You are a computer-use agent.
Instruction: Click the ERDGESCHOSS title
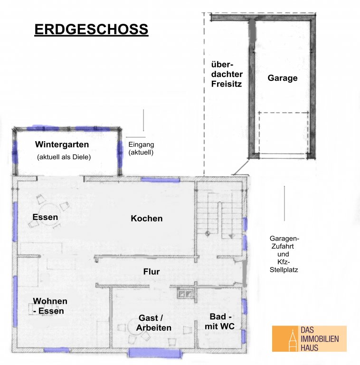click(91, 29)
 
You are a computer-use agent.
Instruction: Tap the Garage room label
click(282, 78)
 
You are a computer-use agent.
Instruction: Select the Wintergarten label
click(62, 144)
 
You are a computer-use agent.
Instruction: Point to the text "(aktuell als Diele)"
click(64, 157)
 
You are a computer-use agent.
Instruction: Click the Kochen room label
click(146, 218)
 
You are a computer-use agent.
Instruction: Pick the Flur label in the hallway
click(152, 271)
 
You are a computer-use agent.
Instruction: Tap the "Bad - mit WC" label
click(219, 321)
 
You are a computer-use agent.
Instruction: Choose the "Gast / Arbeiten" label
click(154, 323)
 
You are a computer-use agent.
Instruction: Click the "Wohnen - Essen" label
click(50, 306)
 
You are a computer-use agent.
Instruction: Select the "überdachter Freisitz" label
click(227, 74)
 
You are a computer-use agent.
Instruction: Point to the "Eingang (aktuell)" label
click(141, 148)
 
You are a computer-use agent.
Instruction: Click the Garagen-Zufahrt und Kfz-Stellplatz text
click(284, 254)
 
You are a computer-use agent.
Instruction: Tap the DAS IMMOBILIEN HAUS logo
click(309, 338)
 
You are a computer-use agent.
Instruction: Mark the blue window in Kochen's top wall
click(161, 180)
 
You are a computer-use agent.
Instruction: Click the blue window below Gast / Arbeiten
click(155, 353)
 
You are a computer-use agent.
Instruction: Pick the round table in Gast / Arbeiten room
click(135, 326)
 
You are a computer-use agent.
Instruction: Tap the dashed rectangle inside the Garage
click(284, 135)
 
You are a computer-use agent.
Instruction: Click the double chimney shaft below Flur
click(185, 294)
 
